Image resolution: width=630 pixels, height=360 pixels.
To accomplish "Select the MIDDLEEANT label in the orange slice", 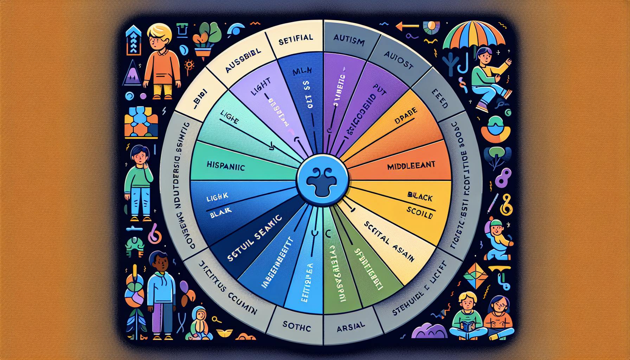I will (x=411, y=166).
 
